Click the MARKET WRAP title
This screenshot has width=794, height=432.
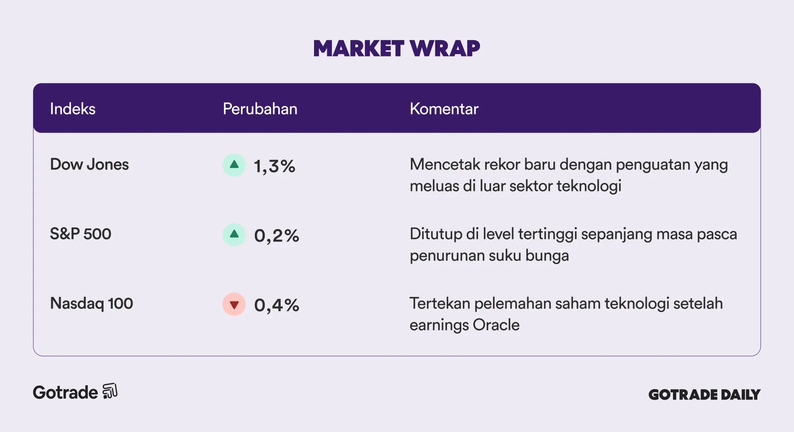[x=397, y=48]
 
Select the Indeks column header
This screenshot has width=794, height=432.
[x=73, y=109]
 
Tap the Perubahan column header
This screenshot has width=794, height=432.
[x=260, y=109]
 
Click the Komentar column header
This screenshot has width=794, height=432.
[x=444, y=109]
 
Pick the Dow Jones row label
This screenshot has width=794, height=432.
[x=89, y=164]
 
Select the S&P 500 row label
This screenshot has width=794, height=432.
[x=81, y=234]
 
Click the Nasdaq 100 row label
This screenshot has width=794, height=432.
[x=91, y=303]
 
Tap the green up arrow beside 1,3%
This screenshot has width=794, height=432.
[x=234, y=165]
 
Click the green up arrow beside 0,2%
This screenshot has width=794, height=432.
[x=234, y=234]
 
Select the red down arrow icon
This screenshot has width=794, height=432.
[x=234, y=304]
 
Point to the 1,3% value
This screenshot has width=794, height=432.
[x=275, y=166]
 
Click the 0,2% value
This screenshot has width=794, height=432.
[x=277, y=236]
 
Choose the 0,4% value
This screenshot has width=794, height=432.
[x=277, y=305]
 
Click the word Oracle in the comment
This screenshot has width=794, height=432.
[x=496, y=325]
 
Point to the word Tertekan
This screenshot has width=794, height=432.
[x=440, y=303]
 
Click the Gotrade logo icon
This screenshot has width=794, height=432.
[x=110, y=391]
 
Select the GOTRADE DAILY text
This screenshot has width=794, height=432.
[x=704, y=395]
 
